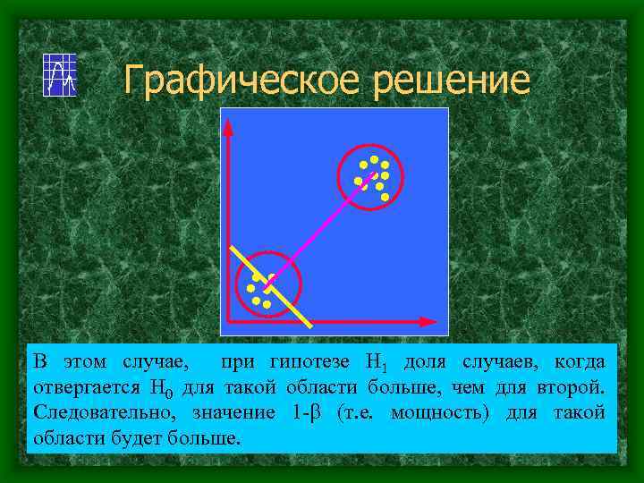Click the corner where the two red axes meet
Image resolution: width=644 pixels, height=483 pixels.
click(x=229, y=320)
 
